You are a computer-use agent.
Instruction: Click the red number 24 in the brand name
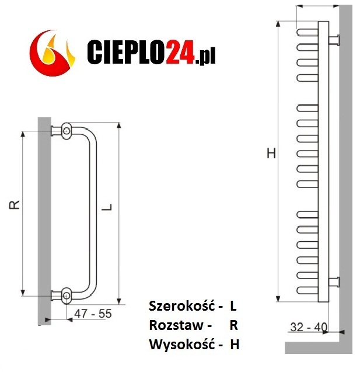(181, 52)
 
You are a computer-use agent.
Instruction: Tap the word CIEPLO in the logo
(127, 52)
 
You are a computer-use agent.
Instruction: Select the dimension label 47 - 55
(93, 314)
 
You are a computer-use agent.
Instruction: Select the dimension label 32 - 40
(309, 327)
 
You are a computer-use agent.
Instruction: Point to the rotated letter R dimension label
(14, 205)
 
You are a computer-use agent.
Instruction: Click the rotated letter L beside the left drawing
(107, 207)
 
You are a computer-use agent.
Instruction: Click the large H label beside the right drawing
(271, 153)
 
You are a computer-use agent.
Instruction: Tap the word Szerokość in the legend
(182, 306)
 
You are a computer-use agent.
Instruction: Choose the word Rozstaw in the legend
(176, 325)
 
